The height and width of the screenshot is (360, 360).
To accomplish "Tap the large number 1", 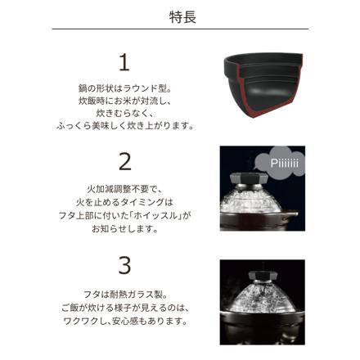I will coord(125,62).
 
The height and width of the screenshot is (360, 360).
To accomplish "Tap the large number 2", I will coord(125,161).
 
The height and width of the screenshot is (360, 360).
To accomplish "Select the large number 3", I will coord(125,265).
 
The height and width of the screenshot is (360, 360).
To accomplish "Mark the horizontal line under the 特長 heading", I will coord(179,30).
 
